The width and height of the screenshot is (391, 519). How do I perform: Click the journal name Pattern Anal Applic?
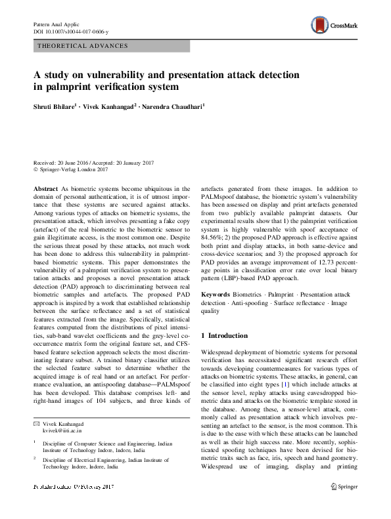tap(55, 24)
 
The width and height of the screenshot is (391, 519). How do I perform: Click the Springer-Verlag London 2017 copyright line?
tap(72, 169)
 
